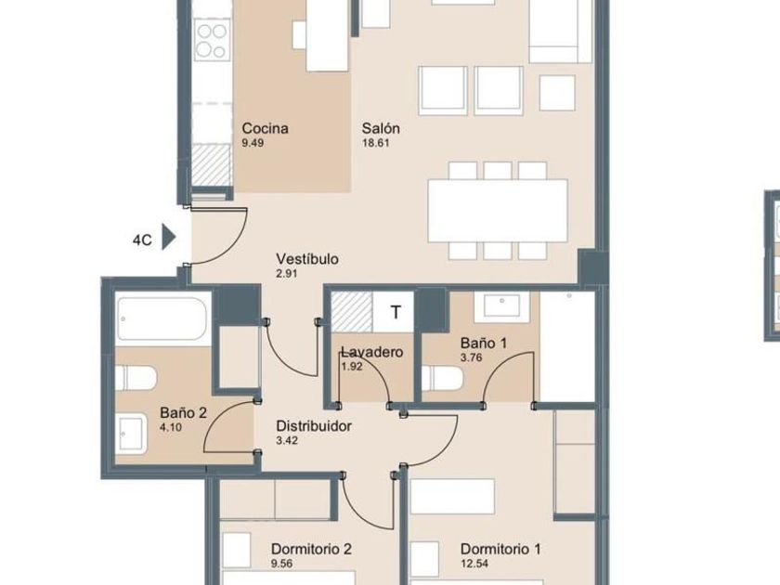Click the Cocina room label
[x=265, y=128]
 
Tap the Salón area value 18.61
[x=376, y=143]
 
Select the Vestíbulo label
[x=307, y=259]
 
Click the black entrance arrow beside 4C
[x=169, y=238]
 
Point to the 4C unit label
[x=142, y=240]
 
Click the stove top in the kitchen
[x=213, y=40]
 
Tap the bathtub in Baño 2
[x=162, y=318]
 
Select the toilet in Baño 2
[x=136, y=379]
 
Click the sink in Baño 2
[x=132, y=435]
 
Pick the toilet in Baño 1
[x=442, y=379]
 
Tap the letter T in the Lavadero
[x=396, y=312]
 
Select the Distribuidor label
[x=314, y=426]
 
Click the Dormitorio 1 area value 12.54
[x=474, y=564]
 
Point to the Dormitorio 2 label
[x=311, y=549]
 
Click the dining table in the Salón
[x=498, y=211]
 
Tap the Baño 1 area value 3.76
[x=471, y=357]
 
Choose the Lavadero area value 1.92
[x=352, y=367]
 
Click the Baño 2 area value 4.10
[x=171, y=427]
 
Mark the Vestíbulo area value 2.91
[x=287, y=274]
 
